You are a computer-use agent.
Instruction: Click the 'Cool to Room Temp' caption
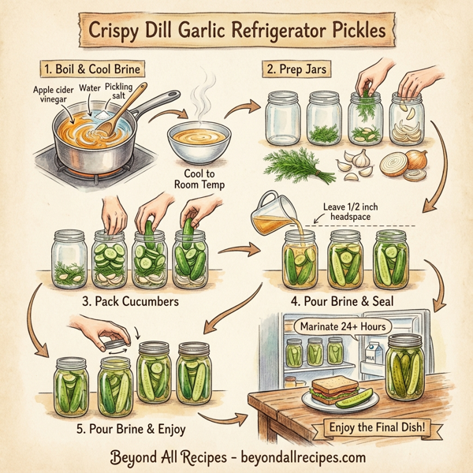click(x=199, y=180)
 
